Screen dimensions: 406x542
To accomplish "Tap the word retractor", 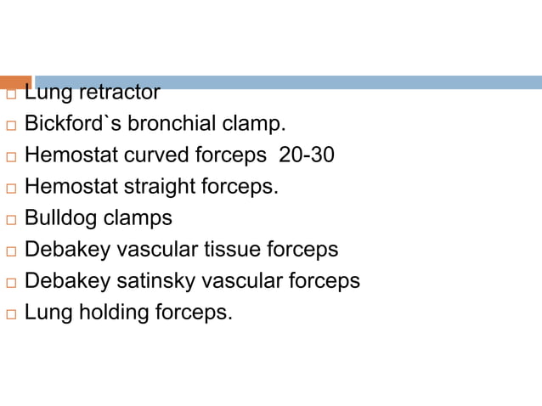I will (118, 92).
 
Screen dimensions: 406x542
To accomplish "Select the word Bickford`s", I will (72, 124).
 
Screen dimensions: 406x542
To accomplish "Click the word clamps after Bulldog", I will (138, 218).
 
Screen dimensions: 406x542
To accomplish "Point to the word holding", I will (115, 313).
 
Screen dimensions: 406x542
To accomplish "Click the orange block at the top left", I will (15, 82).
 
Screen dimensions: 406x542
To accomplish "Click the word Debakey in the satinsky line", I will (64, 281).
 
